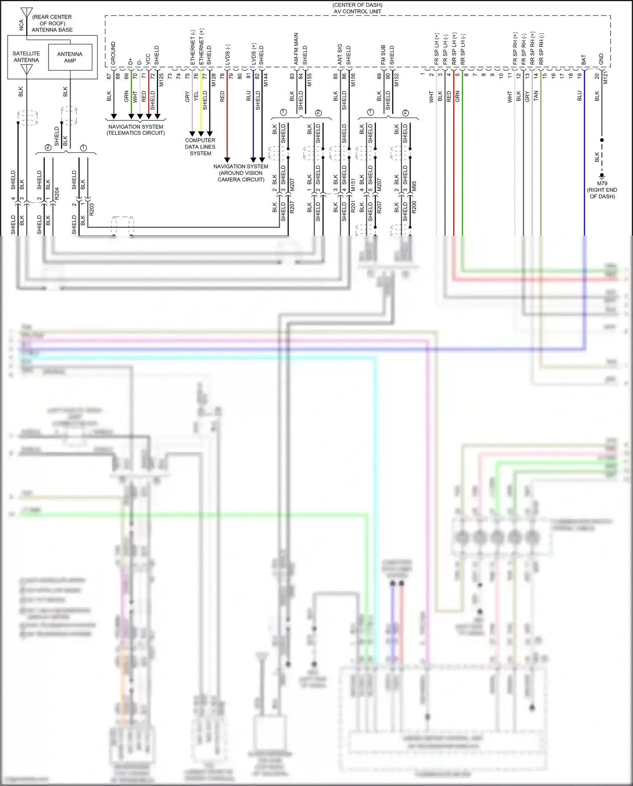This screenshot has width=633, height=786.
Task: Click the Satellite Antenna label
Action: tap(26, 57)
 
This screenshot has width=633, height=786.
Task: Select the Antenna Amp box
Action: tap(70, 57)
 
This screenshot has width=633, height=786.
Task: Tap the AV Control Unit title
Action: tap(357, 8)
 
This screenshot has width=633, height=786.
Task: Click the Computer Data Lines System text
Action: tap(200, 147)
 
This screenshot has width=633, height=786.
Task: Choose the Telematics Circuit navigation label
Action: tap(135, 130)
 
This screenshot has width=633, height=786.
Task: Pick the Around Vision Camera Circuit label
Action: tap(241, 173)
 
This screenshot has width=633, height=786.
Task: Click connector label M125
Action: tap(161, 80)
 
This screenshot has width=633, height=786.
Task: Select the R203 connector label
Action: tap(92, 209)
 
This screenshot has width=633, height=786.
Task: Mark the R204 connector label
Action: tap(57, 193)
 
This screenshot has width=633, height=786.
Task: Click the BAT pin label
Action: tap(584, 60)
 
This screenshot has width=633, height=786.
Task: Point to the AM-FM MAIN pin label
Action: tap(296, 49)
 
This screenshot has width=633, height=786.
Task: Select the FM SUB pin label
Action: tap(383, 54)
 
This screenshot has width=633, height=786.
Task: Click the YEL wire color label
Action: tap(196, 96)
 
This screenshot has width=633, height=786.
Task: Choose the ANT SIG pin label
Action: tap(340, 54)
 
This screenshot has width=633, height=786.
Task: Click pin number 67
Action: tap(109, 76)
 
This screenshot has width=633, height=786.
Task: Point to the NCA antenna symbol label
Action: tap(21, 25)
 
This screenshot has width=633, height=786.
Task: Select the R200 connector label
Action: tap(414, 207)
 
